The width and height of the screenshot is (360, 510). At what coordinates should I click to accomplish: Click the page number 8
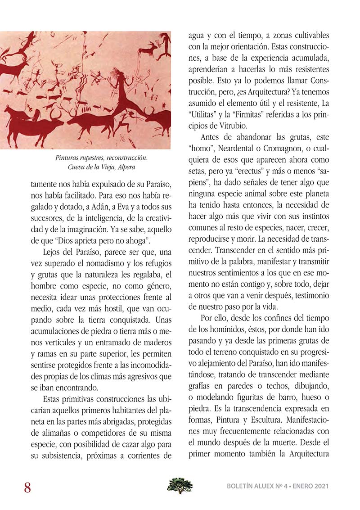27,487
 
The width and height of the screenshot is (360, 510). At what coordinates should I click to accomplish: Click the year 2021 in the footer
319,487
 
